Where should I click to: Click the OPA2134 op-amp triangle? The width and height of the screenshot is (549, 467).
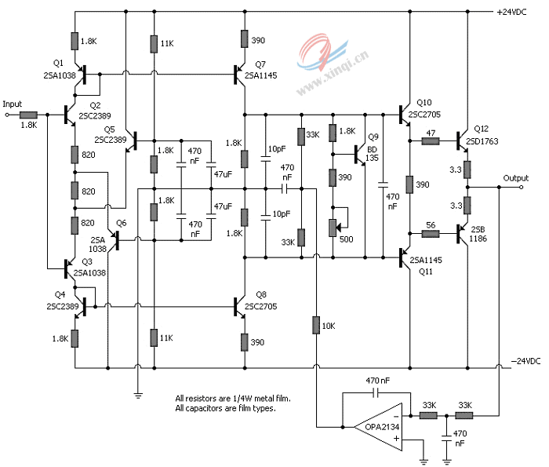click(x=379, y=427)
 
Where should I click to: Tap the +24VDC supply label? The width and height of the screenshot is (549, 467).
click(x=511, y=12)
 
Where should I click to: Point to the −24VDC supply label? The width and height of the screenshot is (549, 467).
click(x=526, y=361)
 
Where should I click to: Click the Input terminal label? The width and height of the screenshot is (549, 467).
click(x=13, y=104)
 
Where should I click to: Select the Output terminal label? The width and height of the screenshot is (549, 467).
click(x=516, y=178)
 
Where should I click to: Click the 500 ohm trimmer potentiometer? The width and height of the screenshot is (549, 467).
click(x=333, y=228)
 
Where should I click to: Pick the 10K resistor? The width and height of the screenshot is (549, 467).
click(x=316, y=325)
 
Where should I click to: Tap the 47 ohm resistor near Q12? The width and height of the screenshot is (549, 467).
click(x=431, y=141)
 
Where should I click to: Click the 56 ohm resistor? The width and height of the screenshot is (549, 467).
click(x=431, y=233)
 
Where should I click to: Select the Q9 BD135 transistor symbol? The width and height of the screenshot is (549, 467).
click(x=359, y=155)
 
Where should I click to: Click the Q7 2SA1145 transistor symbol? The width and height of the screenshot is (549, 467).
click(x=238, y=75)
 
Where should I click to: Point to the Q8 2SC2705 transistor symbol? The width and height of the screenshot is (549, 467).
click(x=238, y=307)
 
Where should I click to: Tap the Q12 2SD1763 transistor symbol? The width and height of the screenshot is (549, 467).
click(x=461, y=141)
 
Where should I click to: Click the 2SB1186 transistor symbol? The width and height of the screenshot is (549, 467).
click(x=461, y=233)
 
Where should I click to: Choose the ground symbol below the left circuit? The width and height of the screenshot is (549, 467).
click(x=138, y=396)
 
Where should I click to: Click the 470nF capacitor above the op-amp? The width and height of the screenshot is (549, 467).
click(x=376, y=393)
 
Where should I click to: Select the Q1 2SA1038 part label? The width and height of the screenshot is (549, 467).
click(x=59, y=70)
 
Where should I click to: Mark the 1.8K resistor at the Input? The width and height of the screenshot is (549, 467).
click(x=28, y=115)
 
